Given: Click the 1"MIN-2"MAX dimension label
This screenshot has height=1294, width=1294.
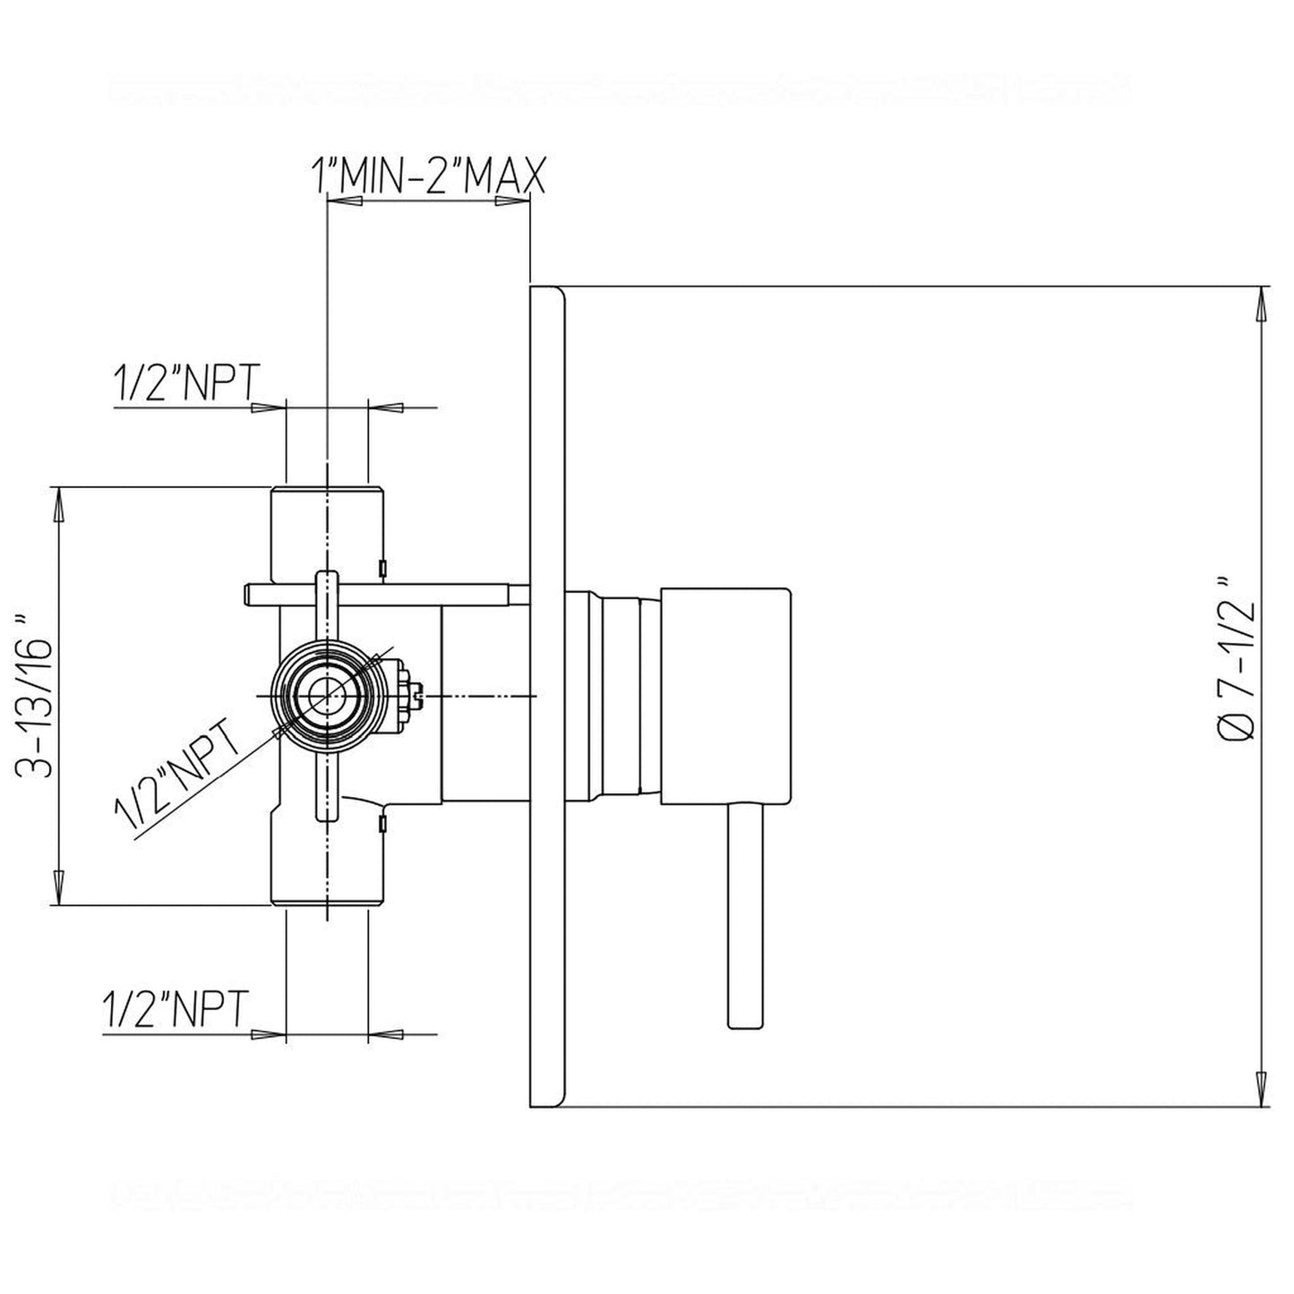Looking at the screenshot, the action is tap(428, 176).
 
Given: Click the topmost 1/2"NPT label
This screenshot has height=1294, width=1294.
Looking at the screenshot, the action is tap(186, 382).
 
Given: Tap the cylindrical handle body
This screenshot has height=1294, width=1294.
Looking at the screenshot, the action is tap(726, 696).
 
